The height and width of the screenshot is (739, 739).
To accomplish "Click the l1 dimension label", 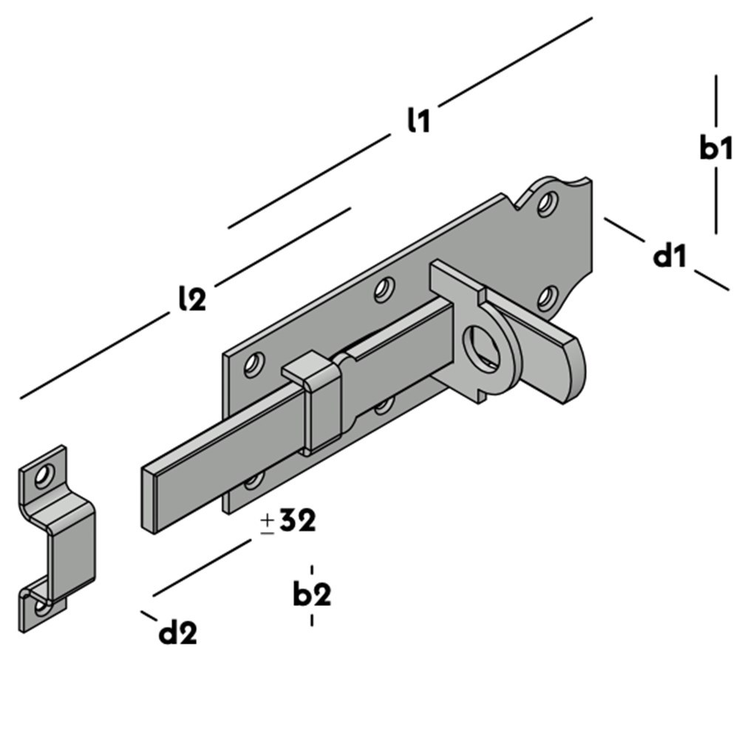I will coord(418,120).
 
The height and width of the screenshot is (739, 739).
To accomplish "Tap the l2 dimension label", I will coord(192,298).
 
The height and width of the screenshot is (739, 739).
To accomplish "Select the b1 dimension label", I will coord(715,147).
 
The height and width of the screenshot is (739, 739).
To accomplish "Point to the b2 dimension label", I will coord(311,593).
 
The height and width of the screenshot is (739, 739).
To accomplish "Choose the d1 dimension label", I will coord(670,256).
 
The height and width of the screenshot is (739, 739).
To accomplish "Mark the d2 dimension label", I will coord(178,633).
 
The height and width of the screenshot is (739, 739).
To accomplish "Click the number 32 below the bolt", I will coord(298,521).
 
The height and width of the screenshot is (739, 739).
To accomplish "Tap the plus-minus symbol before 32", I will coord(268,523).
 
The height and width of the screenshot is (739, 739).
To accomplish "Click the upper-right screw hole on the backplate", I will coord(547,202).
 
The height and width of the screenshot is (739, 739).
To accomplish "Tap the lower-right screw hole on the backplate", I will coord(547,297).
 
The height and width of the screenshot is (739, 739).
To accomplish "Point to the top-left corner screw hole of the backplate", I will coord(253,364).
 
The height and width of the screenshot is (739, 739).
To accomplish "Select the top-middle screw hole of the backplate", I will coord(384,289).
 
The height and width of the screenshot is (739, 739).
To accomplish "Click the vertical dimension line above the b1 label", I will coord(715,100).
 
